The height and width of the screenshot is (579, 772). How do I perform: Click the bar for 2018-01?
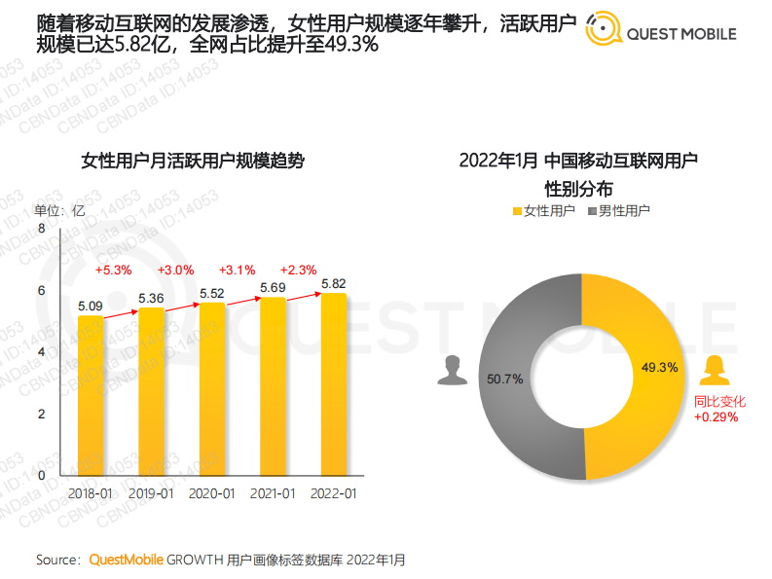[91, 395]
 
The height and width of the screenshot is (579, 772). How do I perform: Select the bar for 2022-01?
[333, 384]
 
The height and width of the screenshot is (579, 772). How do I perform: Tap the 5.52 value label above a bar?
[212, 292]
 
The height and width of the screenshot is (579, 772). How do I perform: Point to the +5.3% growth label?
[113, 270]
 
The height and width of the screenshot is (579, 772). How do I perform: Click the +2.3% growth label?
[297, 270]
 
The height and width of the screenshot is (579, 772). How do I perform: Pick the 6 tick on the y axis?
[41, 290]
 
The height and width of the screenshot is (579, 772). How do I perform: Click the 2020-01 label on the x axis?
[212, 493]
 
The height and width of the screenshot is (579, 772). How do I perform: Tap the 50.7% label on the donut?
[505, 378]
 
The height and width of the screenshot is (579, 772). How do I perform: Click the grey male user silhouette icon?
[450, 371]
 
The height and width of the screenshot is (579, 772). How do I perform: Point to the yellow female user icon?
[716, 371]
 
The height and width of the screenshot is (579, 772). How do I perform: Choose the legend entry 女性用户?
[542, 210]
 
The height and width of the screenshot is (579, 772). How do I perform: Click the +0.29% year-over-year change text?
[716, 416]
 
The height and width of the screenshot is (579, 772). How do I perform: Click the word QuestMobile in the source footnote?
[127, 560]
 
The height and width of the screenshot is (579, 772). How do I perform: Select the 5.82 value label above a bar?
[333, 283]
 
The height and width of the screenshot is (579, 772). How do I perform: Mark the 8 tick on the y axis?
[41, 228]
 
